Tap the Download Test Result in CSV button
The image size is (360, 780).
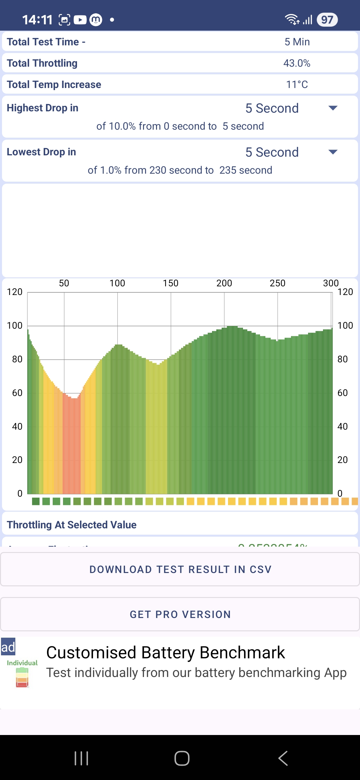[x=180, y=569]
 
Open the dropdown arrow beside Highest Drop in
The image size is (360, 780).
[x=333, y=108]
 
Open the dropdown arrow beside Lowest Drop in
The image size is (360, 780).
[x=333, y=152]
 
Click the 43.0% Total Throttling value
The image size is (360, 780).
[x=297, y=63]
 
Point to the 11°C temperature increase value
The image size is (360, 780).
[x=297, y=84]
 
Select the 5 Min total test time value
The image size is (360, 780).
[x=297, y=42]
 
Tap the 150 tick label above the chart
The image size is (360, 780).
[x=171, y=283]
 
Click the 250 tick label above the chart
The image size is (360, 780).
[x=277, y=283]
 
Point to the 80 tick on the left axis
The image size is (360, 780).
[x=17, y=359]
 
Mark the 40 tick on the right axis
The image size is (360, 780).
[x=343, y=426]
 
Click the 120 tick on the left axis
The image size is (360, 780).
[x=15, y=292]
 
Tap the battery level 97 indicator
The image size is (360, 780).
[x=327, y=20]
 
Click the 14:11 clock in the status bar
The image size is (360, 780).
[x=37, y=20]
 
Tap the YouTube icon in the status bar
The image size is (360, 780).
[x=80, y=20]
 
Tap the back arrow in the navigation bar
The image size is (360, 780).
[x=283, y=758]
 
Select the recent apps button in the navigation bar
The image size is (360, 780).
[x=81, y=758]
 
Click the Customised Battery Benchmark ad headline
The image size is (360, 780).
[x=166, y=652]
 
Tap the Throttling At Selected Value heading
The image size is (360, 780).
[x=72, y=525]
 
